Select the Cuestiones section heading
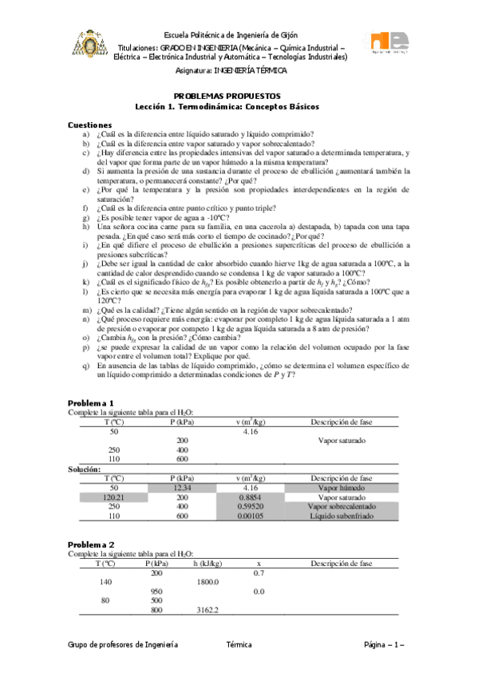pos(89,125)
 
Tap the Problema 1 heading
pos(91,402)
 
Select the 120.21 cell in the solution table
pos(113,497)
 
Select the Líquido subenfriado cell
pos(342,516)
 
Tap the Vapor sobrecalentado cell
pos(342,506)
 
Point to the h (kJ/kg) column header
pos(207,563)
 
